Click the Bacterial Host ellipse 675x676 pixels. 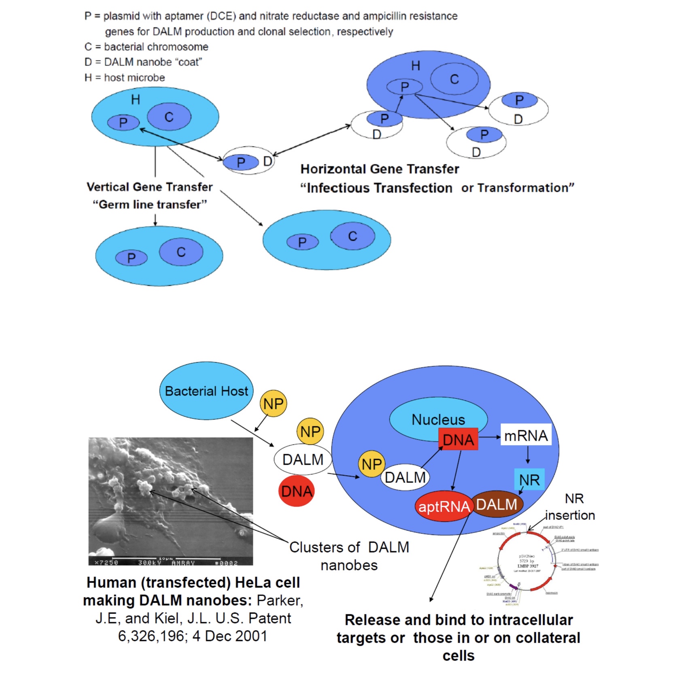(x=206, y=391)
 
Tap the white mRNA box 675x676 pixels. (x=526, y=435)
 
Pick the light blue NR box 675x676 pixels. (x=529, y=480)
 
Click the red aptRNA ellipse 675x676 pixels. (x=444, y=506)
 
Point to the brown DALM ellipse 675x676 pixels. (x=497, y=504)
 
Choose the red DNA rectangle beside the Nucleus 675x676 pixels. (x=458, y=440)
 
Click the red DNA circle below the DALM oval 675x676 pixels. (x=297, y=491)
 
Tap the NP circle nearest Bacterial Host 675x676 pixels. (x=273, y=404)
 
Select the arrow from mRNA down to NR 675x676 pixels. (x=528, y=456)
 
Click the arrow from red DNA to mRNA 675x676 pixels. (x=489, y=437)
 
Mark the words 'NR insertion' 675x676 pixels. (x=571, y=507)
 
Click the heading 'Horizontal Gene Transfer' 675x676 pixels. (x=380, y=169)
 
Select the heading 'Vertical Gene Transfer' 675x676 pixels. (x=149, y=187)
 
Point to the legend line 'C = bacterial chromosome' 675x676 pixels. (x=146, y=47)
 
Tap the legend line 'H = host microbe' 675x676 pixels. (x=125, y=78)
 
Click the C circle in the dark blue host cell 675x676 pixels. (x=454, y=79)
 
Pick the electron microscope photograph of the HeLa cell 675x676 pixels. (x=170, y=501)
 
